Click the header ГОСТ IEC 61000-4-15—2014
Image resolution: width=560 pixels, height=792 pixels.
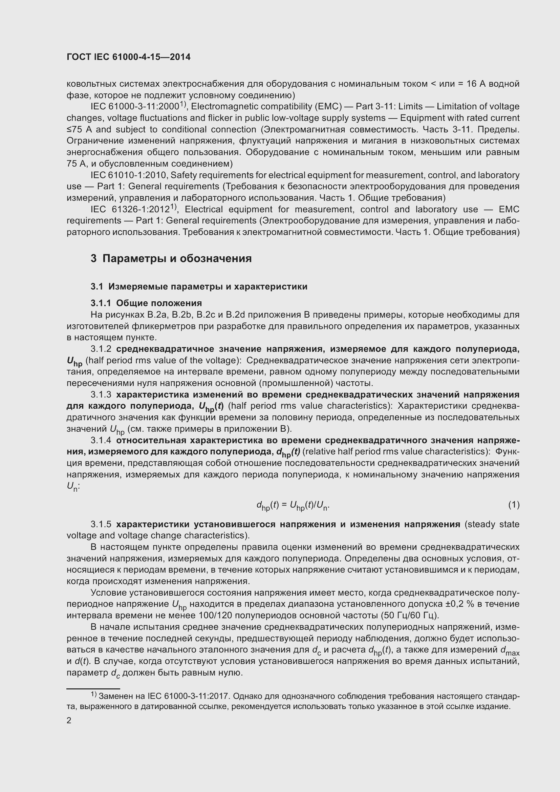click(x=128, y=57)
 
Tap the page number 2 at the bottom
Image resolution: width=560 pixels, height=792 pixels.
click(x=69, y=721)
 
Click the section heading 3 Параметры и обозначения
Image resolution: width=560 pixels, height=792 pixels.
click(x=171, y=258)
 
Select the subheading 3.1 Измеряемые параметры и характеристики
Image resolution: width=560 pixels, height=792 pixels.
click(x=199, y=287)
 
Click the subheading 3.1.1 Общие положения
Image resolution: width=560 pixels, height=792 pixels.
click(x=146, y=303)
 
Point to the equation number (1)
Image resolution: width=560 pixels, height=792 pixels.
click(x=514, y=505)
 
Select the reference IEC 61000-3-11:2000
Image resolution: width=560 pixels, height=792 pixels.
click(x=134, y=107)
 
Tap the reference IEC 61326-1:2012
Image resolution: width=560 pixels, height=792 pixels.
click(x=130, y=210)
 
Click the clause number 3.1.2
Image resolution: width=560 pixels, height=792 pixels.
click(x=101, y=349)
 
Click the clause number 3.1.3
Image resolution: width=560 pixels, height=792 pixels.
click(x=101, y=394)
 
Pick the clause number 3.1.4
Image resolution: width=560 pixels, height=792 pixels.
click(x=101, y=441)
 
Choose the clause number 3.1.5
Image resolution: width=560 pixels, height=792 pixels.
click(x=101, y=524)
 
